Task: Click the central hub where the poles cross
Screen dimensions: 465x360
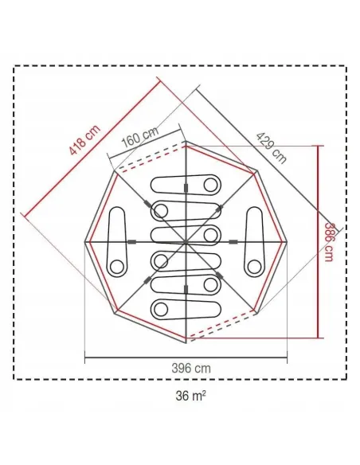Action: [x=185, y=240]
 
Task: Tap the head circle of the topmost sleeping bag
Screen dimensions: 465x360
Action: [x=209, y=185]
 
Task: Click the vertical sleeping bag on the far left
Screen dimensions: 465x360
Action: [x=117, y=240]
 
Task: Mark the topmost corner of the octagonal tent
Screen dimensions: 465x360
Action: [x=185, y=143]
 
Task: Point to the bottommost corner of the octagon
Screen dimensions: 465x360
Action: [x=185, y=341]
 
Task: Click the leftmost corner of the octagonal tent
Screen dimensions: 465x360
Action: [x=85, y=240]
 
